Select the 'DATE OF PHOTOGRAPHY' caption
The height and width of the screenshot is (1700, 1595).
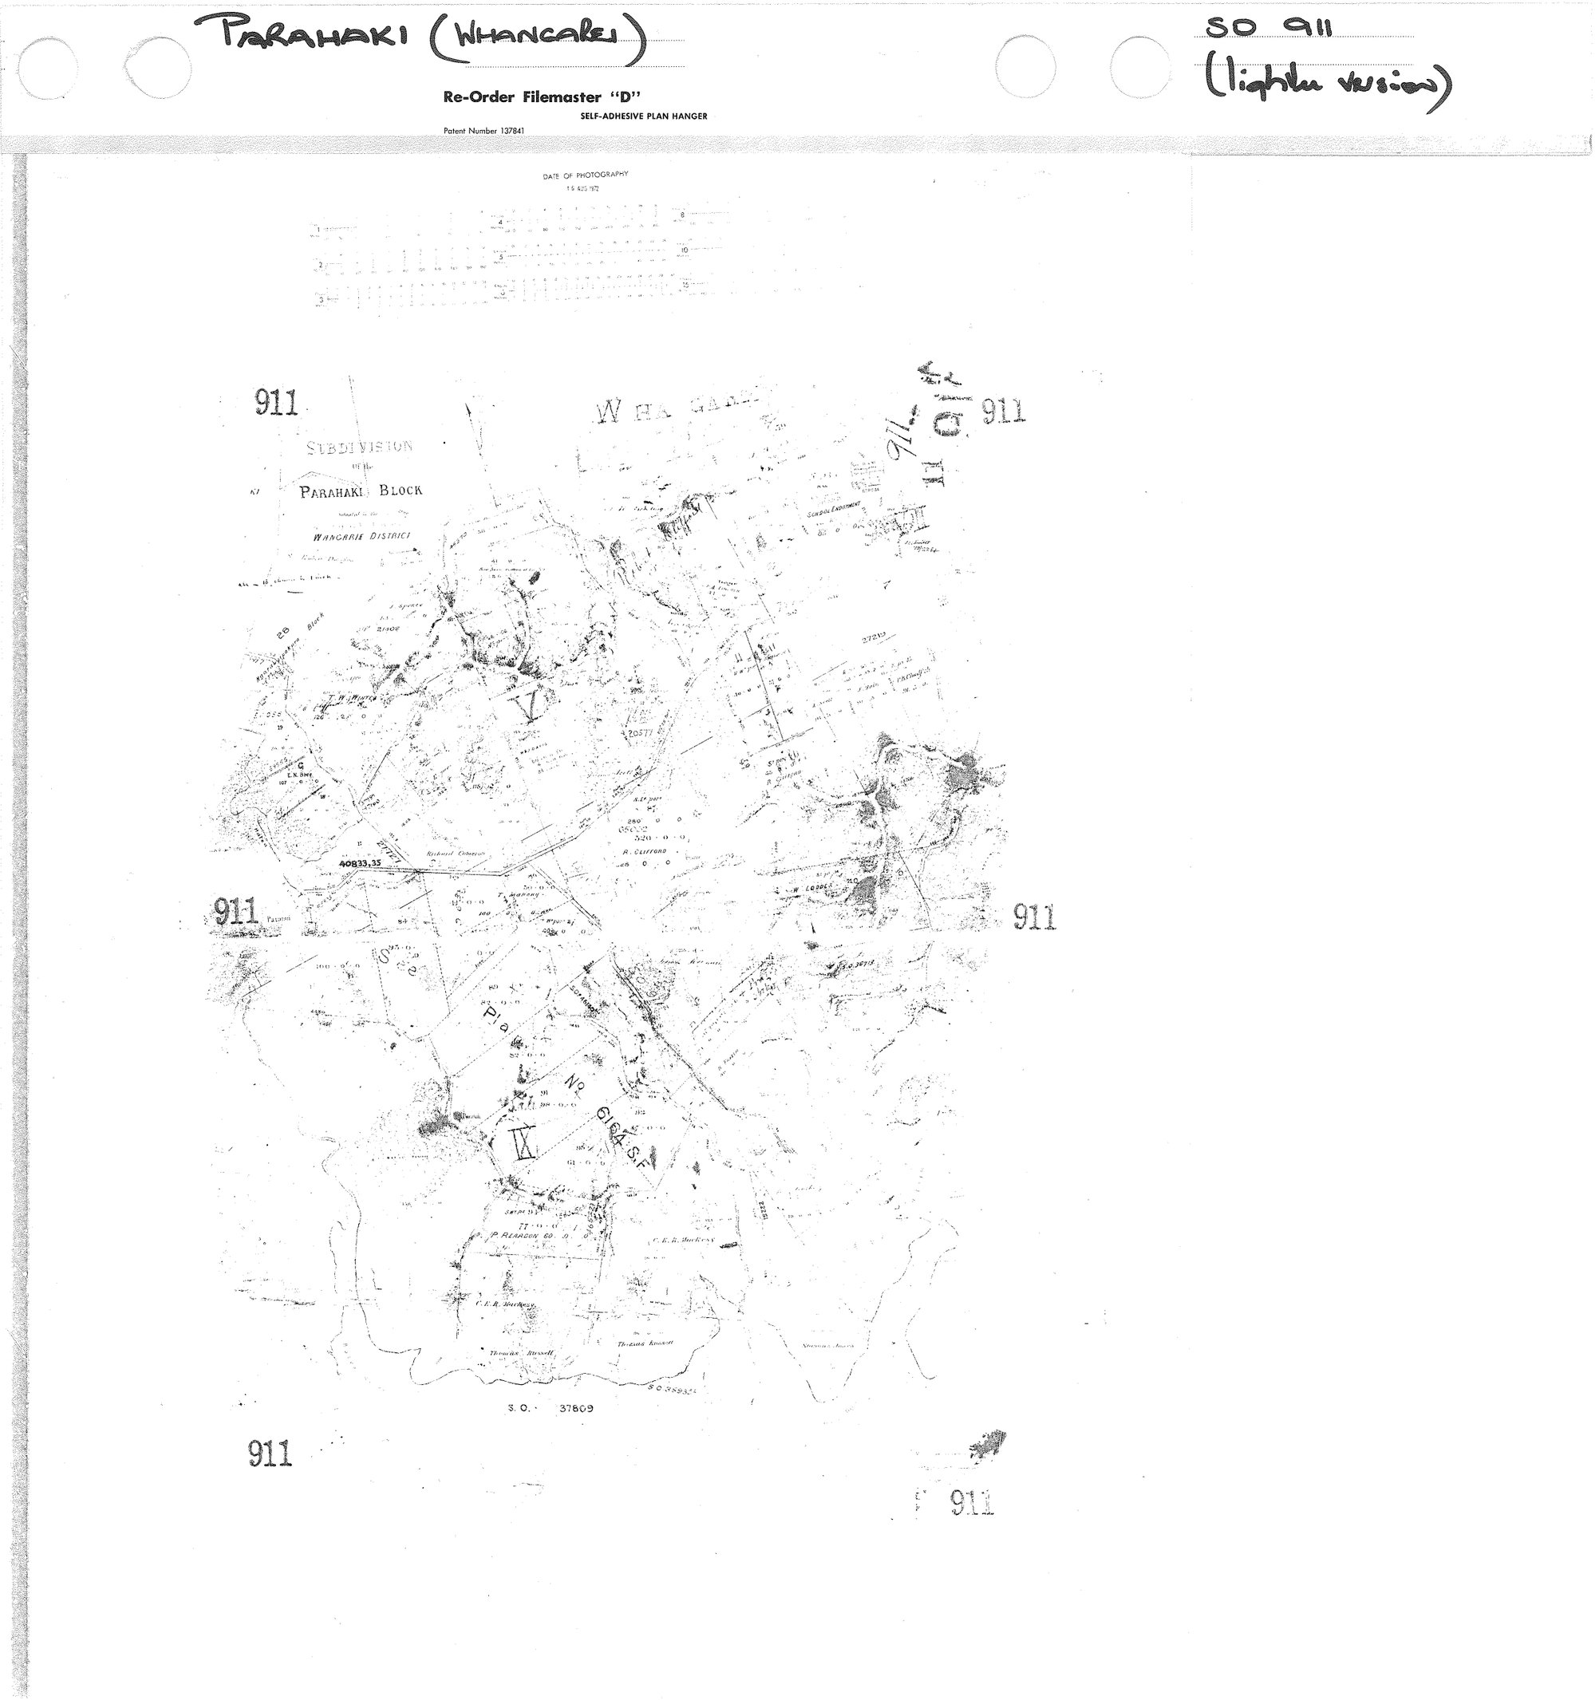(x=585, y=175)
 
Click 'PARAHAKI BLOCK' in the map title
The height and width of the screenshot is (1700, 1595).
(x=360, y=491)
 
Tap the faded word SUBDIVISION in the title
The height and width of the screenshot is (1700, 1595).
(x=359, y=447)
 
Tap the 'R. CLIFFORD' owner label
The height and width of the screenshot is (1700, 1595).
(x=645, y=852)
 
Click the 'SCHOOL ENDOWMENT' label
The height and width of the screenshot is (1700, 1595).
(x=833, y=511)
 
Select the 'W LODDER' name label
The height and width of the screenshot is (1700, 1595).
(x=808, y=889)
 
